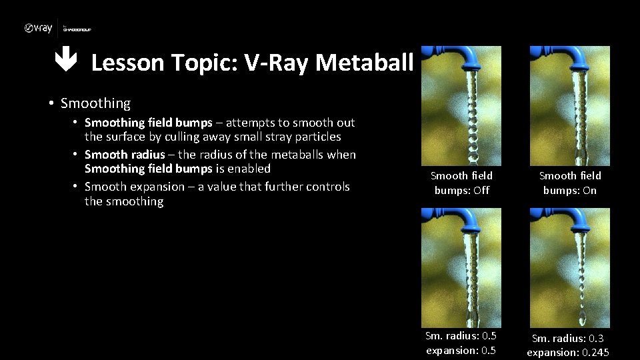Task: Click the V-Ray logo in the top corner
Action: tap(38, 28)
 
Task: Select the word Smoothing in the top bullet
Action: tap(95, 103)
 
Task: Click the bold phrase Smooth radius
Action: tap(125, 155)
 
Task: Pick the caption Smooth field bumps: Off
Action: tap(461, 183)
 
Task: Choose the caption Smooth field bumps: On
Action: tap(570, 183)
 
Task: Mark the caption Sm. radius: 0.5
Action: tap(461, 336)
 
